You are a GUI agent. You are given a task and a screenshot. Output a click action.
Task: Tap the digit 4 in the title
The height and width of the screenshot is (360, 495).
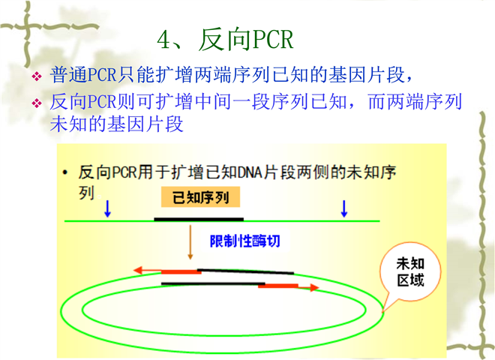163,40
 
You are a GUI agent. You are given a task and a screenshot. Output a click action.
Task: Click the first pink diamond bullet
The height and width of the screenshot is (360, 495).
37,76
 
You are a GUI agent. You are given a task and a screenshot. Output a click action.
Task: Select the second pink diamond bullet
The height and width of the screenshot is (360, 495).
37,103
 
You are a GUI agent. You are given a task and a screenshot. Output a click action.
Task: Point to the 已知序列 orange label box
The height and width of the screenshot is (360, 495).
200,197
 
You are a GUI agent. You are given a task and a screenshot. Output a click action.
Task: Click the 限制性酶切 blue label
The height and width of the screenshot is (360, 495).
245,241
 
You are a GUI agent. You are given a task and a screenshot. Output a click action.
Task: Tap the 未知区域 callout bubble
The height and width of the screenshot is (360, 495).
410,272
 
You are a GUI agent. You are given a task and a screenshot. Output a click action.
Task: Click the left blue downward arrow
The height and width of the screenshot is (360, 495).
108,208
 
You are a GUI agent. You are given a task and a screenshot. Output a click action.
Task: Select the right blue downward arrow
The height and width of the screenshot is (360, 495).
344,208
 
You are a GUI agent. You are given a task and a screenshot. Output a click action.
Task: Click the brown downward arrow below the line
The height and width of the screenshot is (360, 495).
190,242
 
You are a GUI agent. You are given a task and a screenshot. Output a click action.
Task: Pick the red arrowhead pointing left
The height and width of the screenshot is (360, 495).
138,270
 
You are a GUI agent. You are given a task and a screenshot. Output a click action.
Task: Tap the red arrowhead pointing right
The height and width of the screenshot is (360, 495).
314,287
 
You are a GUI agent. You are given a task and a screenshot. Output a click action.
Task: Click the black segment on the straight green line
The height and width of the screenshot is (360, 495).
199,219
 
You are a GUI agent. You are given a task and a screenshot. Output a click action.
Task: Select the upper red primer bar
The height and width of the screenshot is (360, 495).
181,272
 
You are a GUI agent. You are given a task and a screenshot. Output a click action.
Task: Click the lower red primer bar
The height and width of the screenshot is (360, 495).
278,286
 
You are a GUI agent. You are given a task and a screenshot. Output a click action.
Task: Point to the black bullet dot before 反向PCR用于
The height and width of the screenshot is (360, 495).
65,172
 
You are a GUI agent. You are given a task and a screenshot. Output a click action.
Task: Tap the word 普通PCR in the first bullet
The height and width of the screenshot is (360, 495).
83,75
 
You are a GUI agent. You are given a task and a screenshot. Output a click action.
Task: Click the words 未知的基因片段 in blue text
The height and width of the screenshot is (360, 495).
117,124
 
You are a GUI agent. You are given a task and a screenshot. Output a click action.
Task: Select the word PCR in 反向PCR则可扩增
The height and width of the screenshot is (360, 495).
102,102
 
